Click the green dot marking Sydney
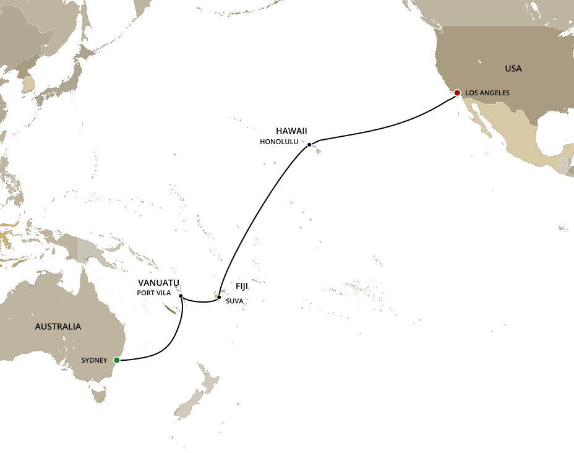(116, 360)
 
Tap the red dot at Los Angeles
(457, 93)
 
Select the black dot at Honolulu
(309, 145)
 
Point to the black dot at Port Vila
(181, 296)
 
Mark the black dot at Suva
(219, 297)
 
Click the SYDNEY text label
(94, 360)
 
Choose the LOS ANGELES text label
(487, 93)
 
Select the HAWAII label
(291, 131)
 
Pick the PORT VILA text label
(154, 292)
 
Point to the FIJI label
(241, 287)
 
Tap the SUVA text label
(234, 301)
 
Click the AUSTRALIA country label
(58, 326)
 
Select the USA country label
(513, 68)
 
